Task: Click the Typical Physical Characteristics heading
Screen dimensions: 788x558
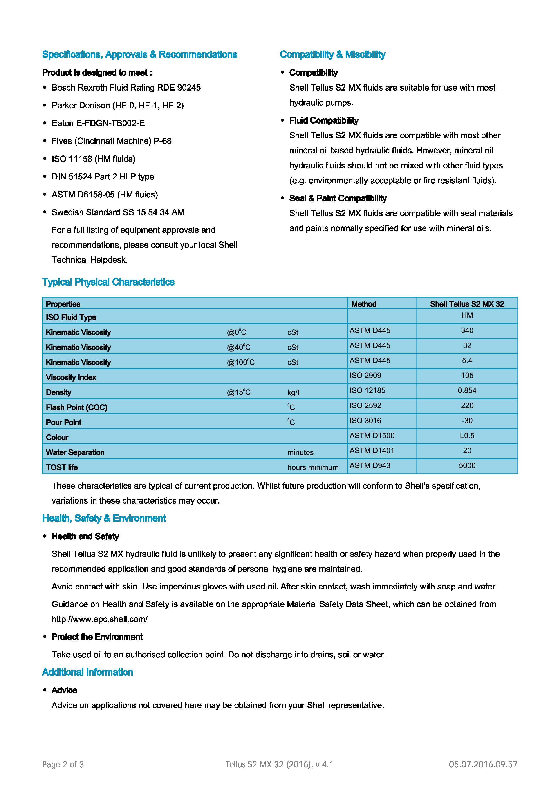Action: [x=108, y=282]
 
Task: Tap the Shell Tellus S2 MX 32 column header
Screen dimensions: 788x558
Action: [x=467, y=304]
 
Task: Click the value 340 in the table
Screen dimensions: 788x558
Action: [x=467, y=330]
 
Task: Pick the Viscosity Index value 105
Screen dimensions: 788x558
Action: [x=467, y=375]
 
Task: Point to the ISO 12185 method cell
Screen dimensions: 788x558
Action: [x=367, y=391]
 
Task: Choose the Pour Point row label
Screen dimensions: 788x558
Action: [x=64, y=423]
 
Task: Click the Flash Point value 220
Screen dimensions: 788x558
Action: [x=467, y=406]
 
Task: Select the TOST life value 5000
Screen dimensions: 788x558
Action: [x=467, y=466]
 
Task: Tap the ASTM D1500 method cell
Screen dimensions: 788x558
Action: [x=372, y=436]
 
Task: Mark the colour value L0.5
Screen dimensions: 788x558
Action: [x=467, y=436]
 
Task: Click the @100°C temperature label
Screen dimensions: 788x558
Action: [x=240, y=362]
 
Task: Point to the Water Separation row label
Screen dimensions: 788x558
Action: [x=75, y=453]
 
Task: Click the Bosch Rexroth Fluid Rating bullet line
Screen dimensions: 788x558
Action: [x=126, y=88]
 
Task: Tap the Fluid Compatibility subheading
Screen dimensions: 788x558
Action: [x=324, y=120]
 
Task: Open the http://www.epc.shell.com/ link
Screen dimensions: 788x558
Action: [x=100, y=619]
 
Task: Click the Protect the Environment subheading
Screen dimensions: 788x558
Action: [x=97, y=637]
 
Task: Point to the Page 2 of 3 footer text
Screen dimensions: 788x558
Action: [x=63, y=764]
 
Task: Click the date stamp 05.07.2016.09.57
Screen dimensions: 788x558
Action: [x=483, y=764]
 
